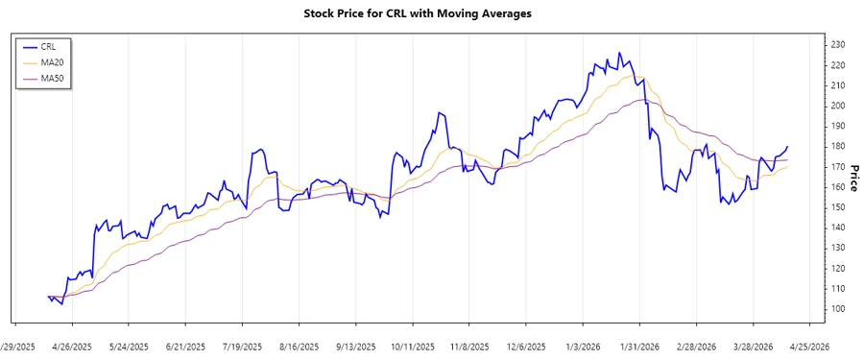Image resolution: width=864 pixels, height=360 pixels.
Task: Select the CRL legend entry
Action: coord(48,45)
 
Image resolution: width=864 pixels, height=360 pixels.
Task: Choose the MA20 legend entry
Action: coord(52,61)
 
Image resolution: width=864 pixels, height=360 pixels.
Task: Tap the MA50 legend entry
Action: coord(52,78)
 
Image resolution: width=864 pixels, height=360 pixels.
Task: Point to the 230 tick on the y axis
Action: coord(838,44)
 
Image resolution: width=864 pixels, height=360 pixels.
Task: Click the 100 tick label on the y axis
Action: coord(838,308)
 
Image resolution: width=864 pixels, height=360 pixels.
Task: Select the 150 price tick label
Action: coord(838,206)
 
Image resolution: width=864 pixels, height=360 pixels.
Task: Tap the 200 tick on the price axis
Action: coord(838,106)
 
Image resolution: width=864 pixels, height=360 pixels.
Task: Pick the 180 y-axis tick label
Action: coord(838,146)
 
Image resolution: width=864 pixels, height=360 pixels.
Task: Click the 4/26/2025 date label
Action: coord(72,347)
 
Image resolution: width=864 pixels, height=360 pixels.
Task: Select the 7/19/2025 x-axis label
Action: coord(243,347)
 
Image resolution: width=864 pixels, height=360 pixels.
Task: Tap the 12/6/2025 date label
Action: coord(525,347)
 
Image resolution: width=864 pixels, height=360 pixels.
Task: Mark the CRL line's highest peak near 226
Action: coord(619,53)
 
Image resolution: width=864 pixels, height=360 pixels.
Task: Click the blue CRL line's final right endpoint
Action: coord(788,146)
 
